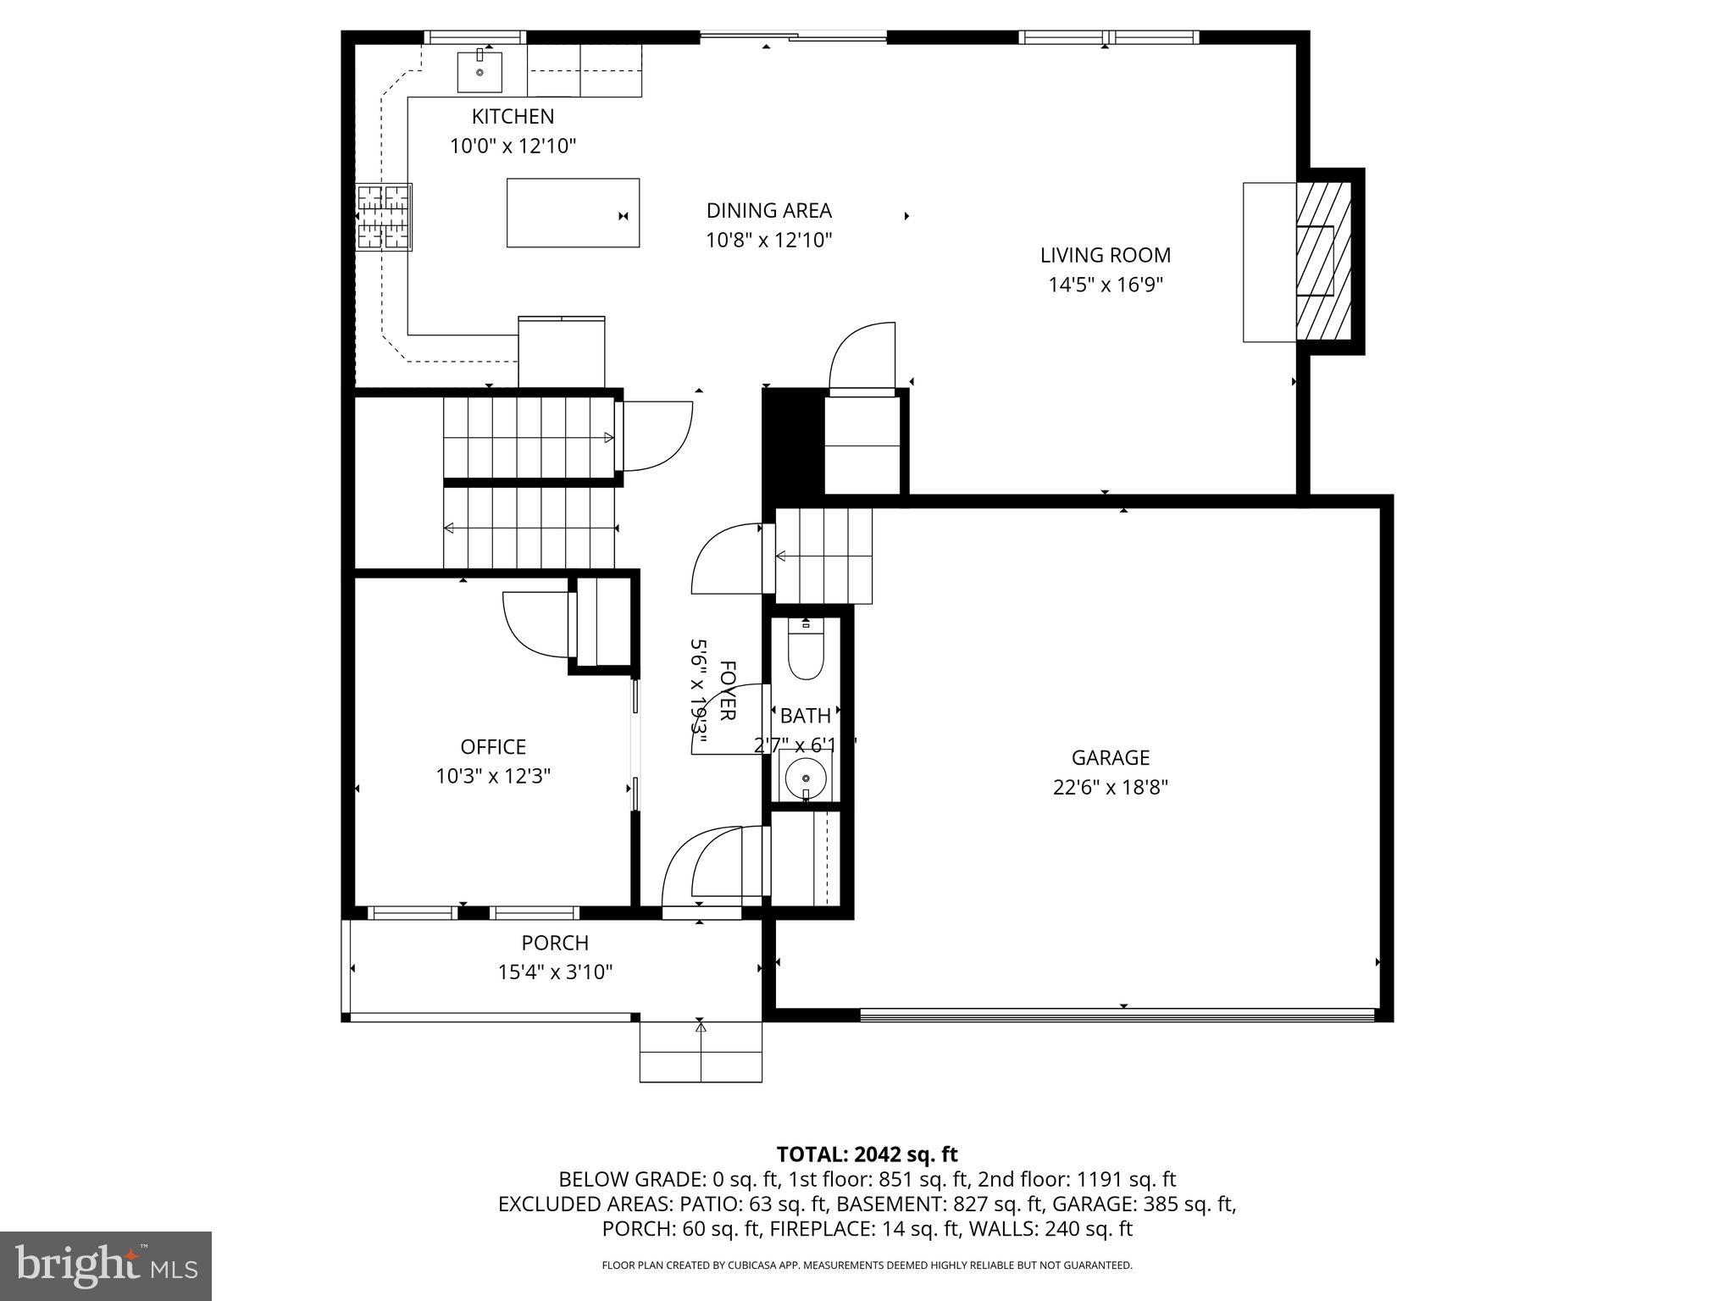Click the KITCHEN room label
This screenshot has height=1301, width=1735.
point(513,117)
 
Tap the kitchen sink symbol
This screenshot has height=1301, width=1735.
point(479,71)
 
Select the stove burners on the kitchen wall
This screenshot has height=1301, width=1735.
point(384,218)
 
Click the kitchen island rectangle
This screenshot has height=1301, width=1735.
point(573,213)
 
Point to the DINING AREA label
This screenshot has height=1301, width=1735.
point(768,210)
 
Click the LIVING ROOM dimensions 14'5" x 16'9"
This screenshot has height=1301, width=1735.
point(1105,285)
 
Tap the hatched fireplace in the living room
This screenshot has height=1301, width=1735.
point(1324,262)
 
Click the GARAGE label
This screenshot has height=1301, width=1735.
point(1110,757)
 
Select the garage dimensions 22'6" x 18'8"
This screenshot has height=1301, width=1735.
point(1110,787)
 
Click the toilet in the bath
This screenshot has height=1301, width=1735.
point(805,653)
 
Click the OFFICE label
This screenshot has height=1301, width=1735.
point(493,746)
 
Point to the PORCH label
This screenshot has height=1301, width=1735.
point(555,943)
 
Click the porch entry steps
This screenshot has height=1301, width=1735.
point(701,1052)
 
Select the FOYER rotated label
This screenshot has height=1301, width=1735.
point(727,690)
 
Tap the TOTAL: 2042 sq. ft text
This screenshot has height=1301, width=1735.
point(867,1154)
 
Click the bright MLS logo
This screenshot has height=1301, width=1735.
point(106,1265)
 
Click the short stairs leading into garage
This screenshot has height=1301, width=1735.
point(823,556)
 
